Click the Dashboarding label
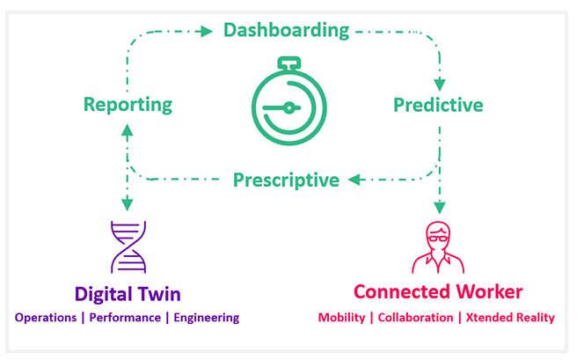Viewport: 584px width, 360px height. click(286, 31)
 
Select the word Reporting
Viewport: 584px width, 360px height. click(128, 105)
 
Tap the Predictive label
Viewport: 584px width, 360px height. click(438, 106)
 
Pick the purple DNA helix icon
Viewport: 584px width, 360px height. click(128, 246)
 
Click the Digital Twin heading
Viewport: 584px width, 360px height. click(128, 291)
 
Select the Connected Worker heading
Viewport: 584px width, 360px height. click(437, 291)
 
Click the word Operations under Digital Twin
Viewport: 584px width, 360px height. click(46, 318)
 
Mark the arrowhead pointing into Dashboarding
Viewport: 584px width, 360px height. click(207, 32)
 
